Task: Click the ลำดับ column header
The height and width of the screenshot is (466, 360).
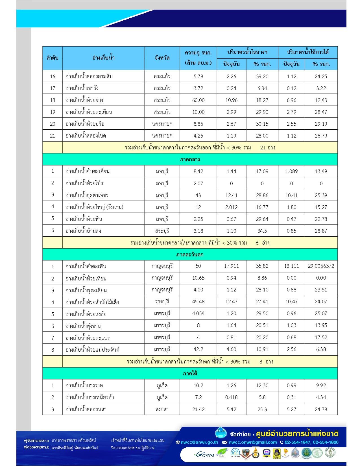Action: [53, 58]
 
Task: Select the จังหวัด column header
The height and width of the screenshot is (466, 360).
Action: [162, 58]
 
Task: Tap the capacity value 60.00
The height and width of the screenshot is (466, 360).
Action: [198, 100]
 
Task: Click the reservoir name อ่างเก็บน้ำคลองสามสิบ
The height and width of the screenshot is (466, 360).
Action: [89, 77]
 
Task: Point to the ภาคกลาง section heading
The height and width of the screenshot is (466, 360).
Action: [190, 160]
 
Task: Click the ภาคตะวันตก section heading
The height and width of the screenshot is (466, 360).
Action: [190, 255]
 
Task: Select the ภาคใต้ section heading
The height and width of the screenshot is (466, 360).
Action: [190, 374]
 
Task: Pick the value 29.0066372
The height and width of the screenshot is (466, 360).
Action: [321, 266]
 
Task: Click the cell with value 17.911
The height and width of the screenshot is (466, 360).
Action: [232, 266]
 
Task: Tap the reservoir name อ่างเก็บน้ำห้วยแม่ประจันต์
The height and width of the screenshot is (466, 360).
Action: [92, 350]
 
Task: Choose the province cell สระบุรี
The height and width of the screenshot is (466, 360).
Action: [162, 231]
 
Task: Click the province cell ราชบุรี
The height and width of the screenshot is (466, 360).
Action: [162, 302]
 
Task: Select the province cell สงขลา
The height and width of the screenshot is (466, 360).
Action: [162, 409]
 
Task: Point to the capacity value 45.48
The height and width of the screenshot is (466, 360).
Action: [198, 302]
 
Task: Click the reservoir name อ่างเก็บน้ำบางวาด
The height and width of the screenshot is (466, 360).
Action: [84, 386]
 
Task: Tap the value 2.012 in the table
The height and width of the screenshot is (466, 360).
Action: [232, 207]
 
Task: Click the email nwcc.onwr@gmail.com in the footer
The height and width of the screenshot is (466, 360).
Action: [253, 442]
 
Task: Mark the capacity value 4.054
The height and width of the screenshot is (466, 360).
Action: [198, 314]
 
